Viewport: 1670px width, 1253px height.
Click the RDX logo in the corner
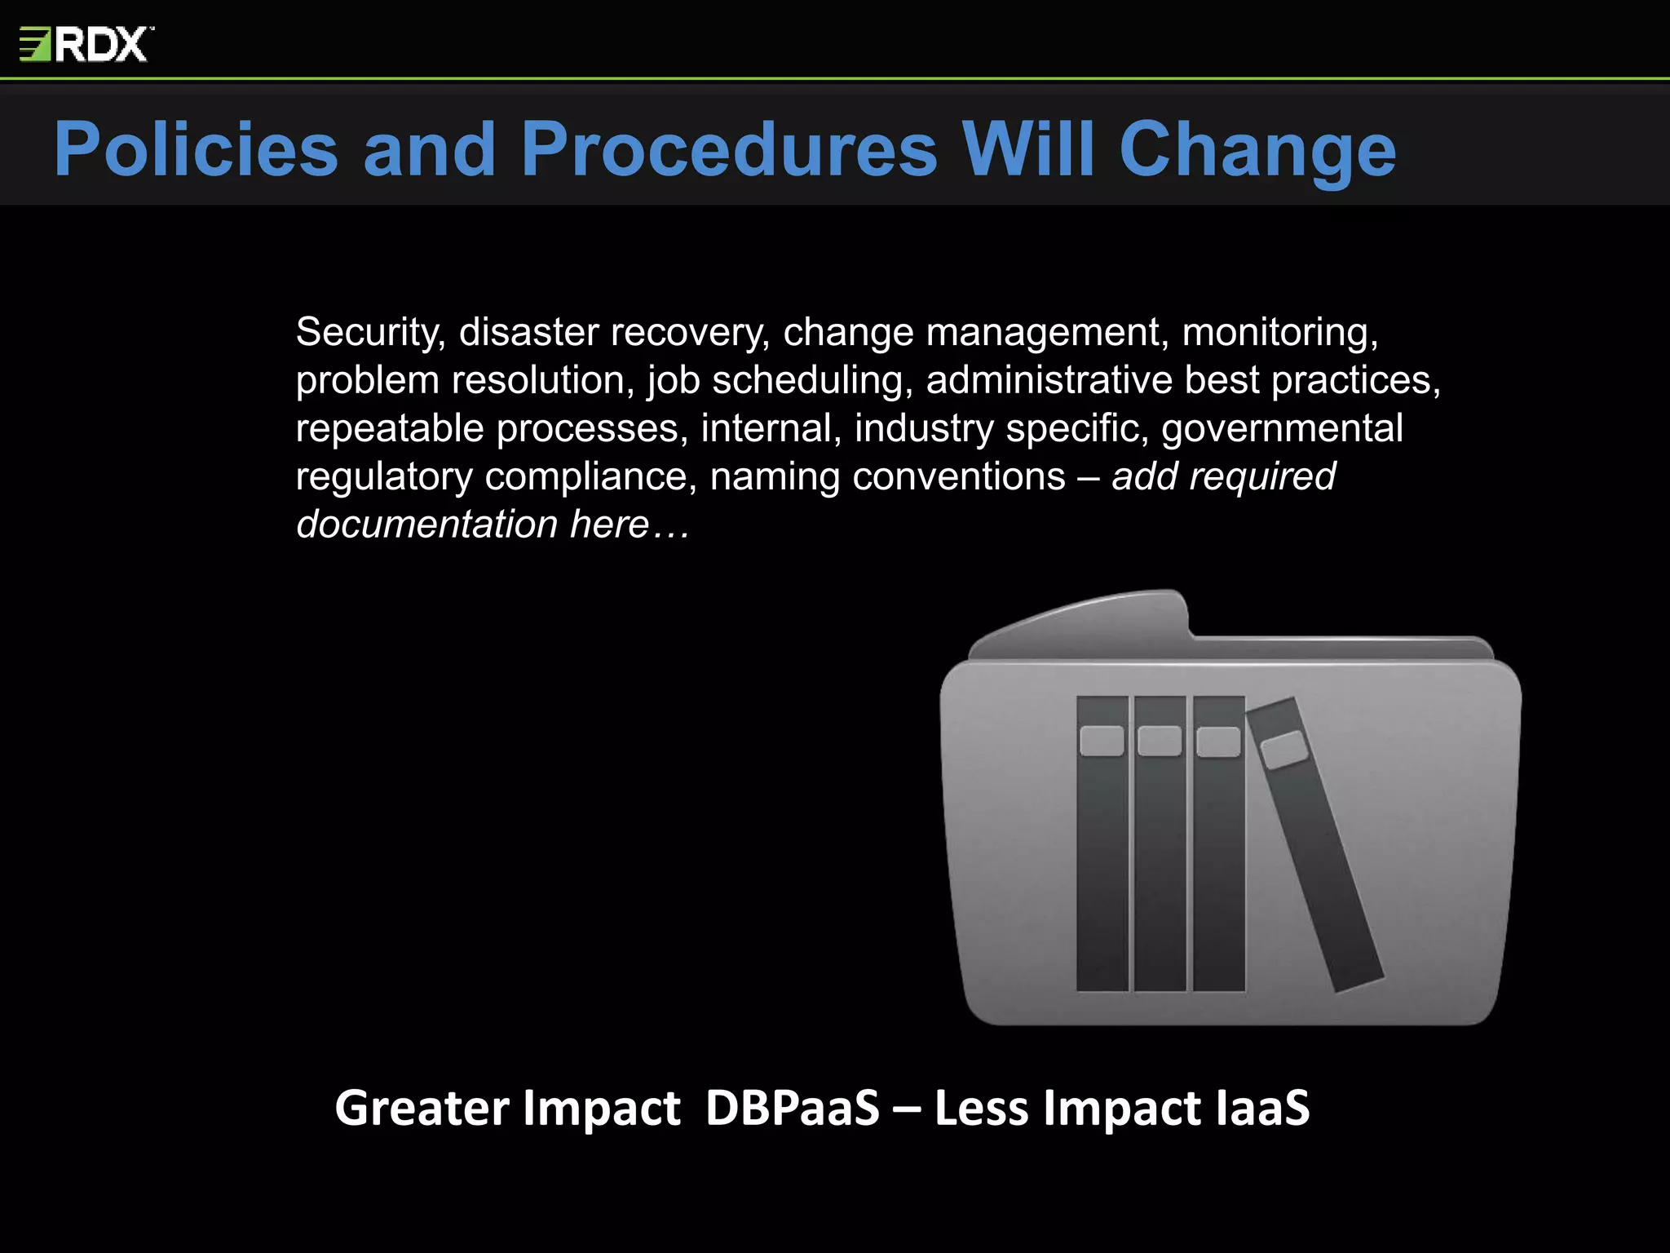86,44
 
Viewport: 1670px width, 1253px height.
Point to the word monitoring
1279,333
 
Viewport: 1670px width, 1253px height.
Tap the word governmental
1282,429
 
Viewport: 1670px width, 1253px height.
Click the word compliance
590,477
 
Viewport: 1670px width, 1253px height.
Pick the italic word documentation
426,525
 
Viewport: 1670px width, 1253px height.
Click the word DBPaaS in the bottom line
792,1108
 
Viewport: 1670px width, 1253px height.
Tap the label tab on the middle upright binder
1160,741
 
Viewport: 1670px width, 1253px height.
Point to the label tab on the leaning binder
1283,750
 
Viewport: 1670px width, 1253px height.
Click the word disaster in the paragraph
529,333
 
